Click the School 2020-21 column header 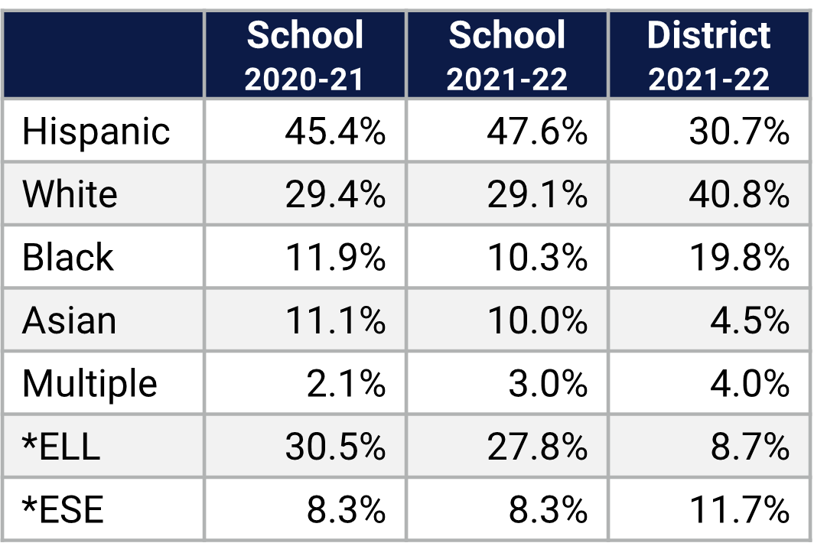pyautogui.click(x=304, y=55)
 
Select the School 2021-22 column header pyautogui.click(x=506, y=55)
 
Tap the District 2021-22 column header pyautogui.click(x=708, y=55)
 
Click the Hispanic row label pyautogui.click(x=96, y=132)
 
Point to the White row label pyautogui.click(x=70, y=194)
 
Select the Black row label pyautogui.click(x=67, y=258)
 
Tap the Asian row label pyautogui.click(x=69, y=320)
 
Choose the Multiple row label pyautogui.click(x=90, y=383)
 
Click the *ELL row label pyautogui.click(x=61, y=446)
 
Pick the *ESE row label pyautogui.click(x=63, y=509)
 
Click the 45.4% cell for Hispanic pyautogui.click(x=334, y=132)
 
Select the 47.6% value pyautogui.click(x=536, y=132)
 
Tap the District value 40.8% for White pyautogui.click(x=738, y=194)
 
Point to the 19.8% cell pyautogui.click(x=738, y=258)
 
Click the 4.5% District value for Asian pyautogui.click(x=749, y=320)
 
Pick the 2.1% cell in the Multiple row pyautogui.click(x=345, y=383)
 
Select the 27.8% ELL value pyautogui.click(x=536, y=446)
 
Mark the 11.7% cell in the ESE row pyautogui.click(x=738, y=509)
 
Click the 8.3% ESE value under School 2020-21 pyautogui.click(x=345, y=509)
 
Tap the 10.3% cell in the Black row pyautogui.click(x=536, y=258)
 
